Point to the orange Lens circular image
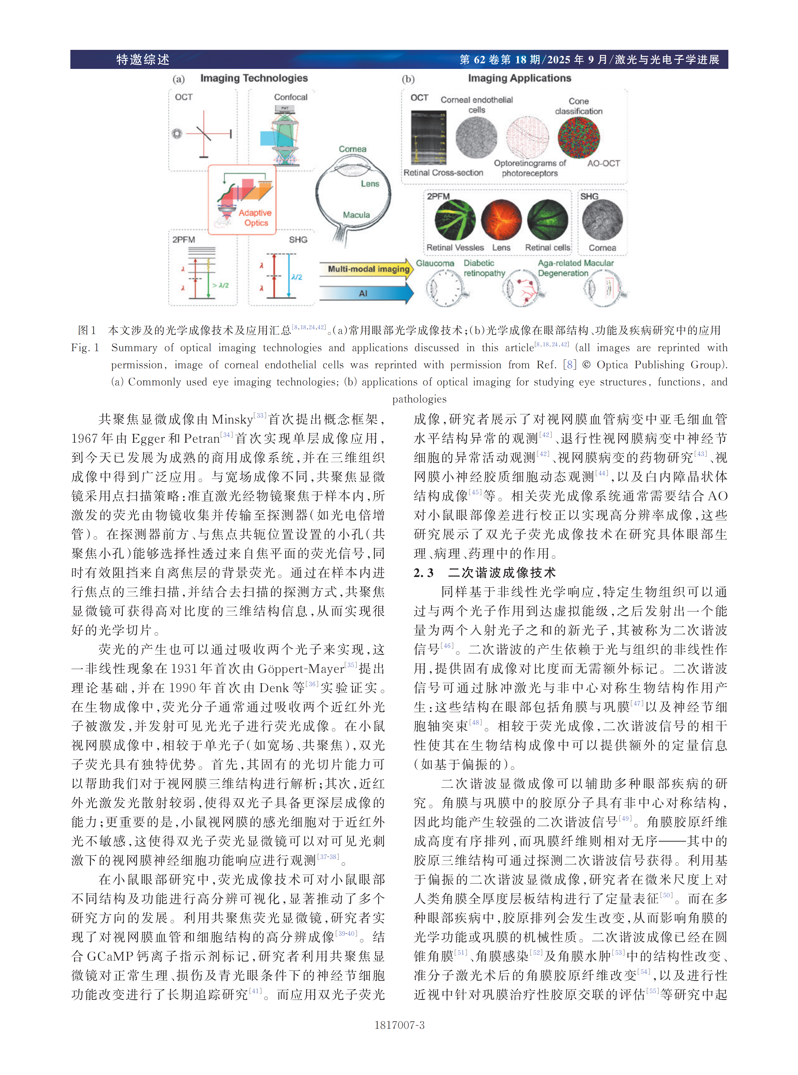(x=501, y=220)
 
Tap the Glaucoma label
(x=435, y=263)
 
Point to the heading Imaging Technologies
(x=254, y=78)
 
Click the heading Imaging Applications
(x=519, y=78)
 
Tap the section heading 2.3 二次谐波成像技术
(x=485, y=573)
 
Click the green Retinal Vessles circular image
(x=454, y=220)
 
